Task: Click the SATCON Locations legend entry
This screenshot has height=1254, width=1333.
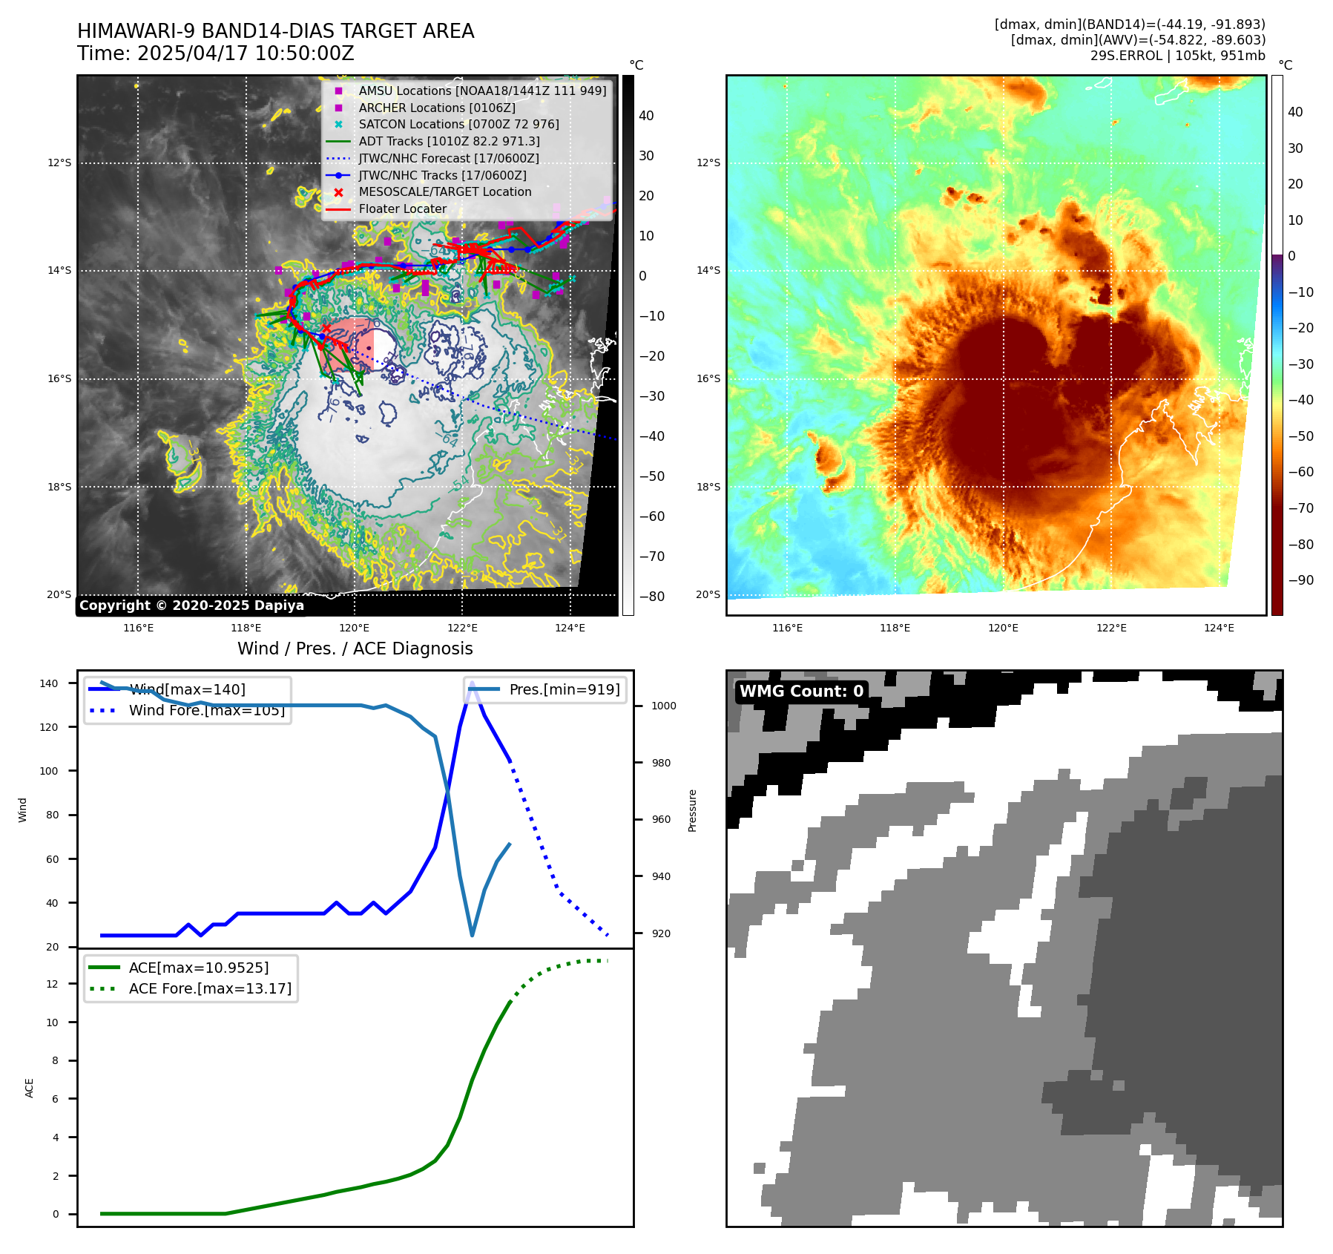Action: click(458, 124)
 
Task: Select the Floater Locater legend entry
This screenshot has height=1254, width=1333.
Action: click(402, 209)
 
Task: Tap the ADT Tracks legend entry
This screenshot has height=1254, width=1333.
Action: click(449, 141)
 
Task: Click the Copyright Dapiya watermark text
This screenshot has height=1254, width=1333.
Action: click(191, 605)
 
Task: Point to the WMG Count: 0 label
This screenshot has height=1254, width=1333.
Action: click(801, 691)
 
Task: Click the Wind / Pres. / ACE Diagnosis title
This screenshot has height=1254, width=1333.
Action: click(355, 649)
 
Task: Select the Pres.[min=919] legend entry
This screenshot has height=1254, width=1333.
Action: click(564, 689)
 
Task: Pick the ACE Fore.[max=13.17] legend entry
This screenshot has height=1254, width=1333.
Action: click(210, 988)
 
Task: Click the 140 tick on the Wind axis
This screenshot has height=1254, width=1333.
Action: click(49, 683)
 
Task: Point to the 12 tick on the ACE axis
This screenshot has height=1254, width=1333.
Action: click(52, 984)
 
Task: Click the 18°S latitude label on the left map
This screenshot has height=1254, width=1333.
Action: click(59, 487)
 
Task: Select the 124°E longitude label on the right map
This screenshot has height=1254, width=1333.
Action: click(1219, 628)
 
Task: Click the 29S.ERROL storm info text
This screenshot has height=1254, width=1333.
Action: click(1177, 56)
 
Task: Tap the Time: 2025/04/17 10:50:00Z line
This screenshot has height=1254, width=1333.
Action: click(216, 53)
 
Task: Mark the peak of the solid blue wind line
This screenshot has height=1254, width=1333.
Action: click(472, 682)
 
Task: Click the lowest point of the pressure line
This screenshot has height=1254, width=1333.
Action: click(472, 935)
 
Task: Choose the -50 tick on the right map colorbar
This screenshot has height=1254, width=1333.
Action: click(1300, 436)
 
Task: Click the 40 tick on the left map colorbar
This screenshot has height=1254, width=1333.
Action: click(646, 115)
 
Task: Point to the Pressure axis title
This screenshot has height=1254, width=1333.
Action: click(692, 810)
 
